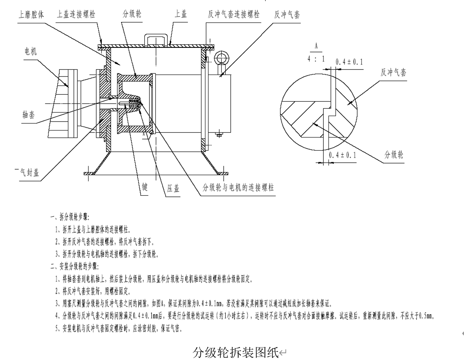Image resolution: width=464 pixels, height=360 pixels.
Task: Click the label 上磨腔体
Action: pos(31,15)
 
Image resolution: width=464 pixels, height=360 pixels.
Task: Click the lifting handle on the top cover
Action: pos(158,40)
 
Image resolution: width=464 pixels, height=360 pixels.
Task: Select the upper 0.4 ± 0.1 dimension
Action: pos(349,62)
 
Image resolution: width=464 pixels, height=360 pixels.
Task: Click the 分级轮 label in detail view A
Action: pos(394,155)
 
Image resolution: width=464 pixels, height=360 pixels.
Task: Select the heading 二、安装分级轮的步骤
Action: pos(75,267)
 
